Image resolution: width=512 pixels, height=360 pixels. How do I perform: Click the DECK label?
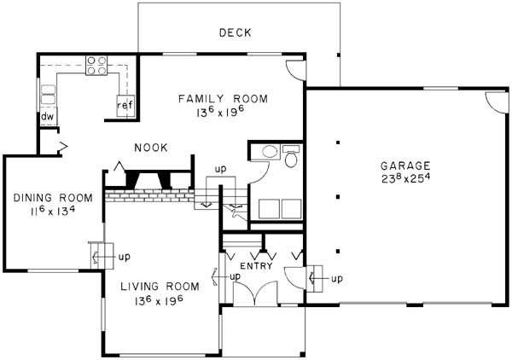click(236, 32)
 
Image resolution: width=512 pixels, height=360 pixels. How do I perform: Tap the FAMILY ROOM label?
click(223, 99)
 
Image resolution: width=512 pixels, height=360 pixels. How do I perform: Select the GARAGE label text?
click(405, 165)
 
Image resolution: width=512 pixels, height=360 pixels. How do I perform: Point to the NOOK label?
click(151, 148)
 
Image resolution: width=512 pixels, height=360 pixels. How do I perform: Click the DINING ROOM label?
click(53, 198)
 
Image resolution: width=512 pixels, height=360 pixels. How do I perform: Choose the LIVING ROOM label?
click(160, 287)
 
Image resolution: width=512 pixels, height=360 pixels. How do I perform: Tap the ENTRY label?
click(256, 266)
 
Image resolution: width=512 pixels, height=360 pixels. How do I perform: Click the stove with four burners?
click(96, 66)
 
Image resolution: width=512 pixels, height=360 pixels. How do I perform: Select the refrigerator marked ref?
click(125, 106)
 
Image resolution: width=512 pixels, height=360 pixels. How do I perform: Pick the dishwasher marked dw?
click(48, 117)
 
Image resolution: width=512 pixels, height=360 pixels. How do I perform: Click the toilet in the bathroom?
click(290, 156)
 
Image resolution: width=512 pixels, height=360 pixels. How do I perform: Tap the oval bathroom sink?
click(270, 152)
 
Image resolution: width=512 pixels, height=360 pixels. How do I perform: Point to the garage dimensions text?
click(404, 178)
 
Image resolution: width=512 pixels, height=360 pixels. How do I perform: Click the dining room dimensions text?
click(53, 211)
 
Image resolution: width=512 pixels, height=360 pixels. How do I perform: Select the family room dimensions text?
click(221, 112)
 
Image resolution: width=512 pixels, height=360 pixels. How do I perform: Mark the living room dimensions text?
click(159, 300)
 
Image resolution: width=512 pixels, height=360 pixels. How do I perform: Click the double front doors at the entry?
click(255, 293)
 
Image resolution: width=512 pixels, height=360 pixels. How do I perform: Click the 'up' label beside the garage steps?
click(337, 279)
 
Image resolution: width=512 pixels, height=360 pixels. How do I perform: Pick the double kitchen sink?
click(48, 95)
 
